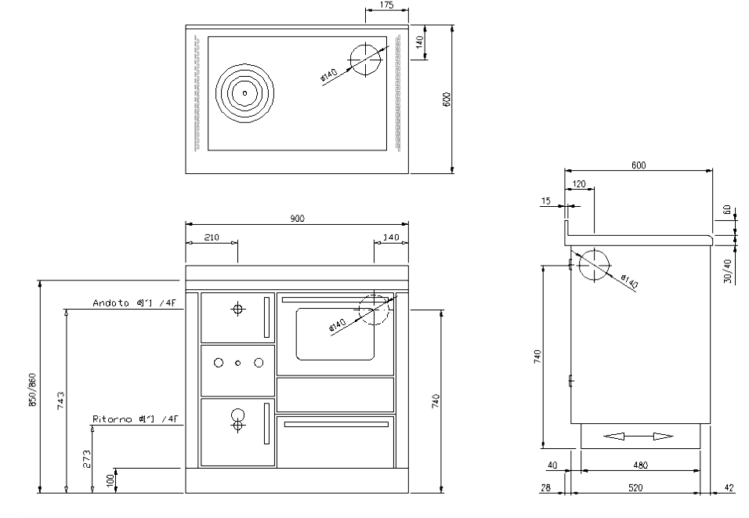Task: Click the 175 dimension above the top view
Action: coord(385,5)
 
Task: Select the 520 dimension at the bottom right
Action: coord(635,488)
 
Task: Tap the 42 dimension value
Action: coord(729,488)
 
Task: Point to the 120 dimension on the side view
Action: coord(579,183)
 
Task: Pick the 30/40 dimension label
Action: coord(728,271)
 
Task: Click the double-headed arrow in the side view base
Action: coord(639,436)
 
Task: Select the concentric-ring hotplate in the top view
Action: coord(244,93)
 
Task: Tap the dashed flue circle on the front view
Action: coord(373,310)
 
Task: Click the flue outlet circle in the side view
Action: coord(593,264)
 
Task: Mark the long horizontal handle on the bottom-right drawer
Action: coord(336,424)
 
